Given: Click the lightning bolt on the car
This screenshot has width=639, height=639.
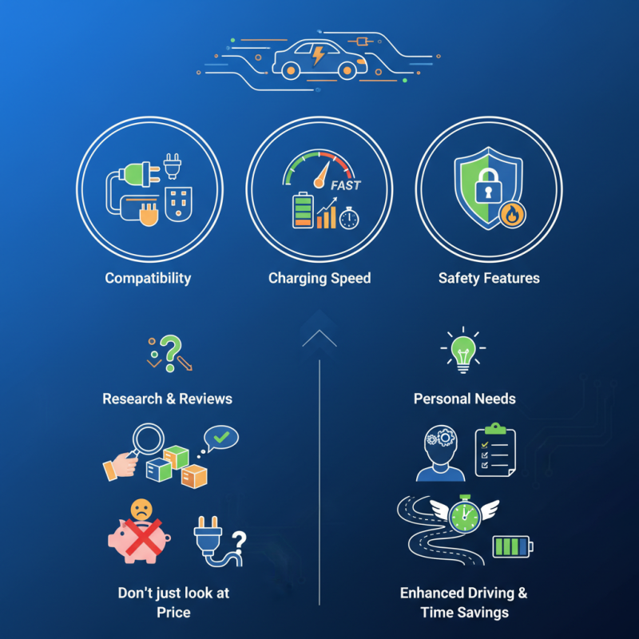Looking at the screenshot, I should point(319,55).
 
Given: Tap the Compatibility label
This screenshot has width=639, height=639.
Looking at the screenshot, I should point(149,279).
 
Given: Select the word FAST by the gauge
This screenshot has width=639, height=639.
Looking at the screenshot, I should point(346,185).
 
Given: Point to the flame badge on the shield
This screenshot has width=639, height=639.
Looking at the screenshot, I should point(509,214).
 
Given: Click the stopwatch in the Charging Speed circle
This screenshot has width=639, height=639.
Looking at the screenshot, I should point(349,218).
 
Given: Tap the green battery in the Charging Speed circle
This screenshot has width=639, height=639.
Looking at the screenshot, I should point(303,211).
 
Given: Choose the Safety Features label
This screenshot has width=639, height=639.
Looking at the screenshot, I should point(489,279).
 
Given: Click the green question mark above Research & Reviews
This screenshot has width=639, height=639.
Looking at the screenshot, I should point(169,348).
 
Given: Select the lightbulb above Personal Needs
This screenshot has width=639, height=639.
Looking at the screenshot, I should point(463,348).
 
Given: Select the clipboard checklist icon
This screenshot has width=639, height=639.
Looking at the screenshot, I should point(495,452).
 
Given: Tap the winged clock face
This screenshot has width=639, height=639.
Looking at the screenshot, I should point(463,515).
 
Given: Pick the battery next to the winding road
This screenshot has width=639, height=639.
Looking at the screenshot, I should point(512,547).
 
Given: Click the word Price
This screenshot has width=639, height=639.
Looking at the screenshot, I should point(173,613).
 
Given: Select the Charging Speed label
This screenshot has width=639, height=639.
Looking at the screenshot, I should point(319,279).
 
